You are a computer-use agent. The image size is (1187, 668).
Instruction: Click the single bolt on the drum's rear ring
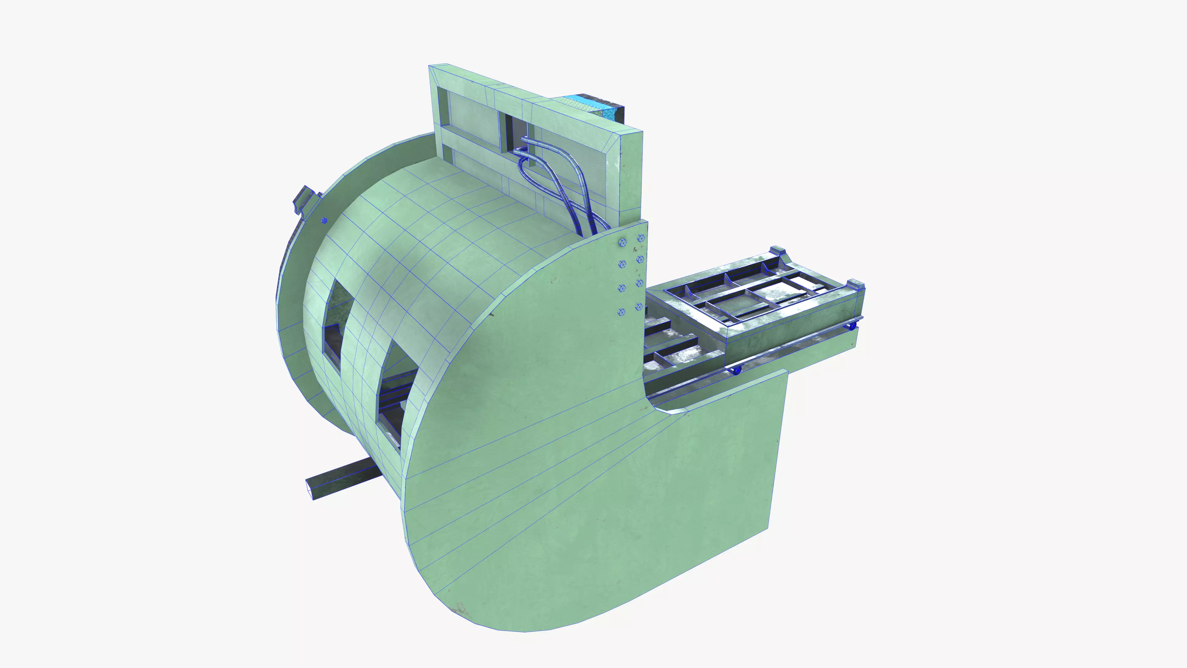click(x=324, y=221)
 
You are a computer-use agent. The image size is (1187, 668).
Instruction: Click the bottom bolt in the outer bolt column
click(x=639, y=306)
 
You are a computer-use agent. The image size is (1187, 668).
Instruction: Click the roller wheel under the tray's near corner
click(x=735, y=371)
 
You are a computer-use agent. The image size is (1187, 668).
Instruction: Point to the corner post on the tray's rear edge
click(x=778, y=251)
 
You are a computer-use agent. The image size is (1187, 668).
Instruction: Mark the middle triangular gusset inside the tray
click(x=728, y=279)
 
